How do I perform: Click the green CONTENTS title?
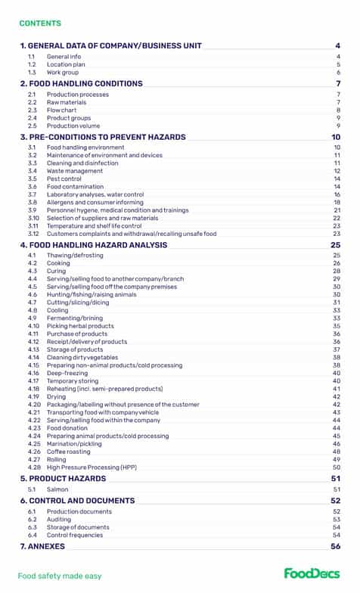[x=40, y=23]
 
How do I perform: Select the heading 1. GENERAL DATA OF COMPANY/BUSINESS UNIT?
[x=110, y=45]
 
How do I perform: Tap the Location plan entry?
[x=66, y=64]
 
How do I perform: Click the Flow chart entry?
[x=62, y=110]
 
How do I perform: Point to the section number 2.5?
[x=32, y=126]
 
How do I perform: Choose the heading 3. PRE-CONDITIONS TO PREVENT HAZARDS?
[x=102, y=137]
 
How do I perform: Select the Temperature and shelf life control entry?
[x=94, y=225]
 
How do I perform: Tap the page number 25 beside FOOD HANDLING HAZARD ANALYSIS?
[x=336, y=245]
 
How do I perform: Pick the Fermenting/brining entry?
[x=74, y=318]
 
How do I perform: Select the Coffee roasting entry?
[x=70, y=452]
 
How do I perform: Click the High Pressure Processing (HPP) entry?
[x=92, y=467]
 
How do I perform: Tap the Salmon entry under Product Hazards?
[x=58, y=489]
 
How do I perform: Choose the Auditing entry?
[x=60, y=520]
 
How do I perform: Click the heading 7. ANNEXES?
[x=42, y=546]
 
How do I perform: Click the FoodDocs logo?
[x=312, y=573]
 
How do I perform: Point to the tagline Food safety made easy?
[x=60, y=576]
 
